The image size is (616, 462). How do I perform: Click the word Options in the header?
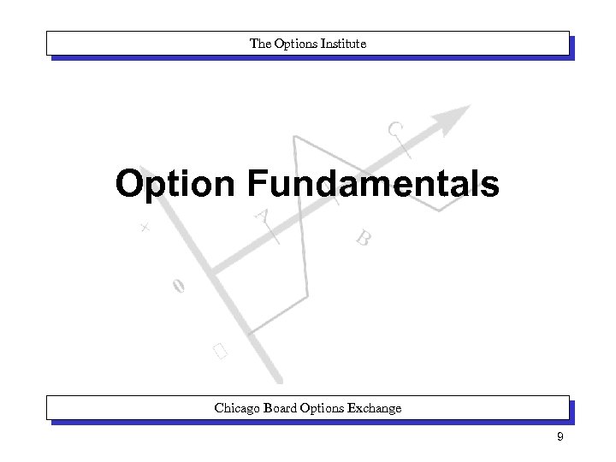295,43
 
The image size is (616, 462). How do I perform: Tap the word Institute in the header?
342,43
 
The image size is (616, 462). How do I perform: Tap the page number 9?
559,438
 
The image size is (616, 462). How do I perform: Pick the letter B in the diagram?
364,238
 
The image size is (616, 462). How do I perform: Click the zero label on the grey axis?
177,287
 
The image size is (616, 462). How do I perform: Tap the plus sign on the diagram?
145,228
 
